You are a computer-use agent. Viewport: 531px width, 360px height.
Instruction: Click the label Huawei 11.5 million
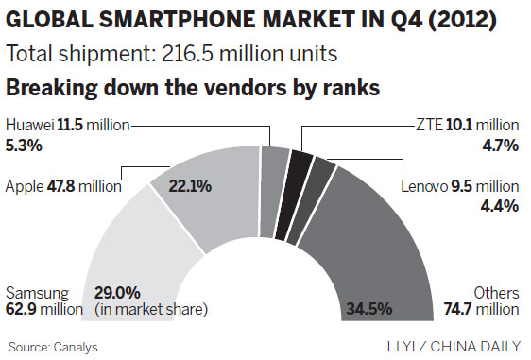pyautogui.click(x=67, y=124)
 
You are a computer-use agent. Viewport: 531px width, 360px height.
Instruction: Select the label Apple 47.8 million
pyautogui.click(x=63, y=186)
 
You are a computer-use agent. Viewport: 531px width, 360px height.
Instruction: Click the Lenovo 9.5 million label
pyautogui.click(x=461, y=186)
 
